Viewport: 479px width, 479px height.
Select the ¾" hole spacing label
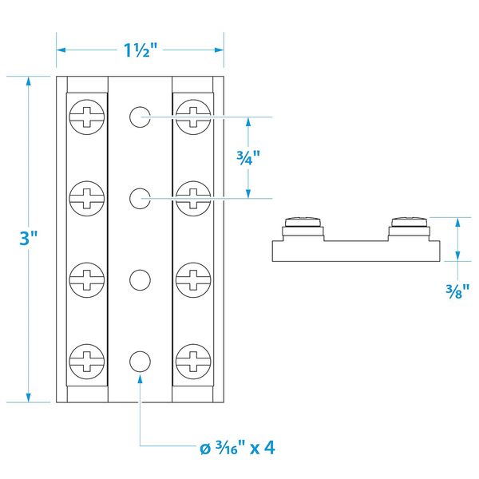(247, 157)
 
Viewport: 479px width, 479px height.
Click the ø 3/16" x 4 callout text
(237, 447)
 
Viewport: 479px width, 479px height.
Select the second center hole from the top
(141, 196)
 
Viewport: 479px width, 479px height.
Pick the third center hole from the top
(141, 279)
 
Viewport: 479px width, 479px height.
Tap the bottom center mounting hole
(141, 360)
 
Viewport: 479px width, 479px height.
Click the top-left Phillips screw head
(87, 117)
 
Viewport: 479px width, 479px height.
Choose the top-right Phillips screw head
(192, 117)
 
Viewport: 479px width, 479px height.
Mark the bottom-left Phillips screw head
(87, 360)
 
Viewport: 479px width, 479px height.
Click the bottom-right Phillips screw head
(192, 360)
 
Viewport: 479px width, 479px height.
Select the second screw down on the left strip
(87, 196)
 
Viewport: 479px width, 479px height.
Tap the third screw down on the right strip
(192, 279)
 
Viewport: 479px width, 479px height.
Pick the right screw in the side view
(409, 223)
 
